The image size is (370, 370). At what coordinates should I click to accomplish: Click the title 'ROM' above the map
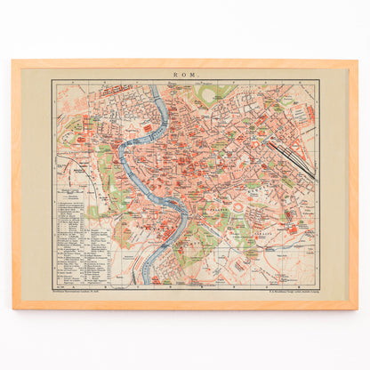click(x=185, y=75)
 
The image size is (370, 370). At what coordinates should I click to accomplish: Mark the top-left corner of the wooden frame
click(x=14, y=61)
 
